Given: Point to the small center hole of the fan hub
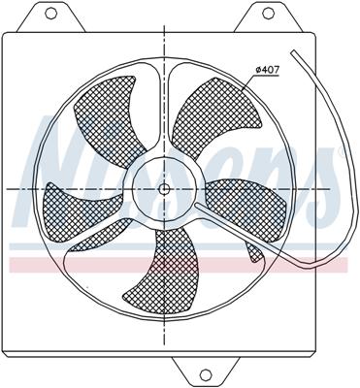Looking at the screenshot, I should pos(164,187).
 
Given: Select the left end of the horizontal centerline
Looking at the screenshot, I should pos(8,187).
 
